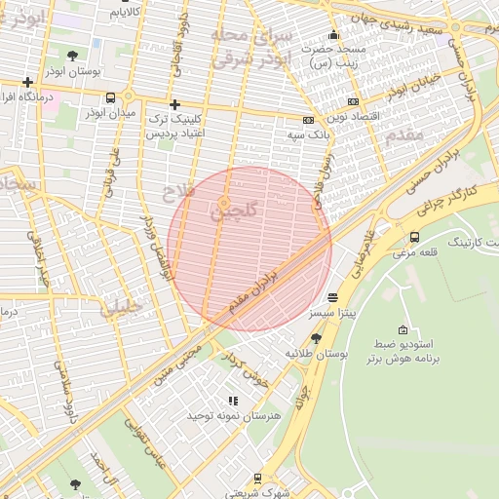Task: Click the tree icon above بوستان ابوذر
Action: point(75,56)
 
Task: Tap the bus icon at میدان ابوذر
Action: point(110,97)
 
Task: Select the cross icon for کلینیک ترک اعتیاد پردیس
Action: point(174,104)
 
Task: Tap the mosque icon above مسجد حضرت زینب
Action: point(333,36)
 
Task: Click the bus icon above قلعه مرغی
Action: point(414,237)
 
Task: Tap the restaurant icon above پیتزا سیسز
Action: point(333,297)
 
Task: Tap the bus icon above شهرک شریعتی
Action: point(257,479)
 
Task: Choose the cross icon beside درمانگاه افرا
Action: point(28,82)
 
